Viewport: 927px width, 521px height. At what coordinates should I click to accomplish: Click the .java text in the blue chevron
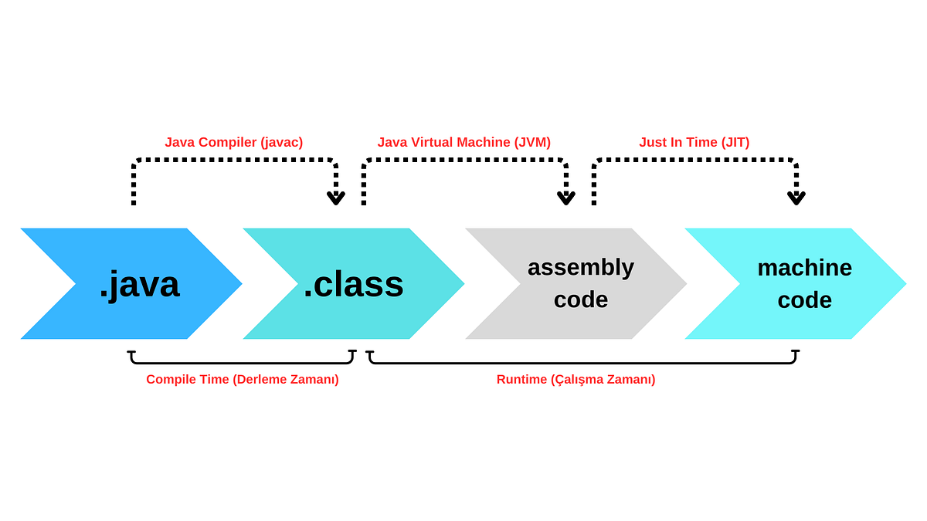click(139, 284)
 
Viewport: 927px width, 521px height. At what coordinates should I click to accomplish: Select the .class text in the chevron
click(353, 284)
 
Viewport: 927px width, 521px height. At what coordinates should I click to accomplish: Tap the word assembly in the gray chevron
click(581, 267)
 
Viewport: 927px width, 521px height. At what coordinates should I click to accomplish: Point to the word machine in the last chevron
click(804, 267)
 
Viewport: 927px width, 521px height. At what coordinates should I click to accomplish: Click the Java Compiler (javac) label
click(233, 142)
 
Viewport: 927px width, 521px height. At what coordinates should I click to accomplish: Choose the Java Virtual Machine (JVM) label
click(463, 142)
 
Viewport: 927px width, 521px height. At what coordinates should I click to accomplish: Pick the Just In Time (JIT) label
click(694, 142)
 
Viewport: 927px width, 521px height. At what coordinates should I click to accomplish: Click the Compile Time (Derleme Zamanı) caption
click(242, 379)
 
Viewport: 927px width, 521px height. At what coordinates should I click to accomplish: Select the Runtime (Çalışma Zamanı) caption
click(576, 379)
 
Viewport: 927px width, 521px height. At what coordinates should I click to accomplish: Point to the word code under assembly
click(581, 299)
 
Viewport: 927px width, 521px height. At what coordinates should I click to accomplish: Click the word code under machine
click(804, 299)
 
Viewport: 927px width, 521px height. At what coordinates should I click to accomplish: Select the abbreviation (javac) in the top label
click(281, 142)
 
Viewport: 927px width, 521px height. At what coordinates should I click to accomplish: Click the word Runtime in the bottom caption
click(521, 379)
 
